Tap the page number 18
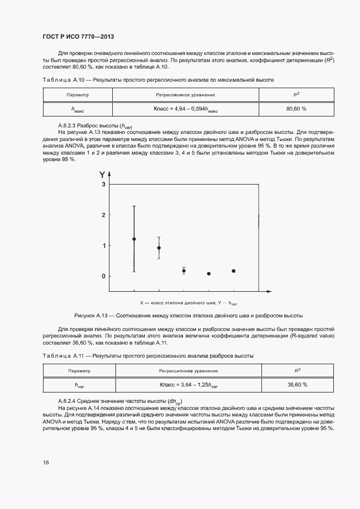point(46,462)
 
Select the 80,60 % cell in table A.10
point(296,109)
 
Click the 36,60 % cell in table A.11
point(297,384)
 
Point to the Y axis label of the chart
point(102,175)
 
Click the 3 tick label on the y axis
point(102,185)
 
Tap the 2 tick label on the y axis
point(102,215)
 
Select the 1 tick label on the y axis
point(102,246)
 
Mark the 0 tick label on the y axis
point(102,276)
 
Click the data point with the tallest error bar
point(134,239)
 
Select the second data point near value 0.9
point(158,248)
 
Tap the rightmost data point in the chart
point(234,271)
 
